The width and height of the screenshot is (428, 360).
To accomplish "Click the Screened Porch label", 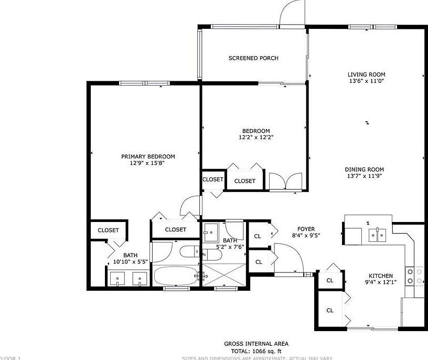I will (253, 58).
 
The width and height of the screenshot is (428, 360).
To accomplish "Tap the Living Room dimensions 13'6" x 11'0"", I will (367, 81).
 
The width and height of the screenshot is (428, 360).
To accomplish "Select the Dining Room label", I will (364, 170).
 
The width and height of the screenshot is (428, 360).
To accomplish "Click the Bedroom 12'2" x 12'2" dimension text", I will (255, 137).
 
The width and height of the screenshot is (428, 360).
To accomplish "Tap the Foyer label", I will (306, 229).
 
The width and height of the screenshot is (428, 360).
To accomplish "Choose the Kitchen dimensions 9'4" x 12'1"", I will (381, 283).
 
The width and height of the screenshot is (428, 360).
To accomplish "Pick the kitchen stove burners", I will (419, 276).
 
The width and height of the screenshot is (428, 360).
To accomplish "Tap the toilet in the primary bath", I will (190, 252).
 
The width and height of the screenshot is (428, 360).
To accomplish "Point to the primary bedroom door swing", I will (190, 207).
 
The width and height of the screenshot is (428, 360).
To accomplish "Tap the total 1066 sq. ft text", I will (256, 351).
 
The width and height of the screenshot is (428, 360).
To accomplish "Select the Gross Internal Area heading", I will (256, 344).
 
